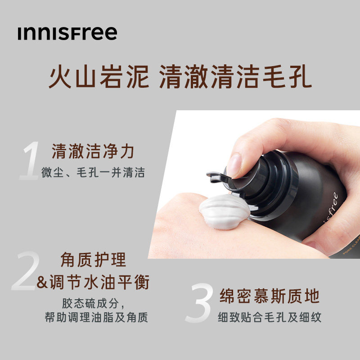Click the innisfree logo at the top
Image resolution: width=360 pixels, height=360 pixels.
(67, 33)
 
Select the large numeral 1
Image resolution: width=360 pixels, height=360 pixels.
(31, 161)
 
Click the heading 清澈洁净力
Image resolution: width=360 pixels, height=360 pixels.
(93, 152)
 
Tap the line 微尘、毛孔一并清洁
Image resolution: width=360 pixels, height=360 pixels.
(93, 173)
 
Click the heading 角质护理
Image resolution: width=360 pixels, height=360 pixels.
(93, 260)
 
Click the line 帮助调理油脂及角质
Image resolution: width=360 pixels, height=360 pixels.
(96, 318)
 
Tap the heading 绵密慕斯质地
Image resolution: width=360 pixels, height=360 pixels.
(270, 297)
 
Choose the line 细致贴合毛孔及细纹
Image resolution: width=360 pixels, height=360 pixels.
(270, 317)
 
